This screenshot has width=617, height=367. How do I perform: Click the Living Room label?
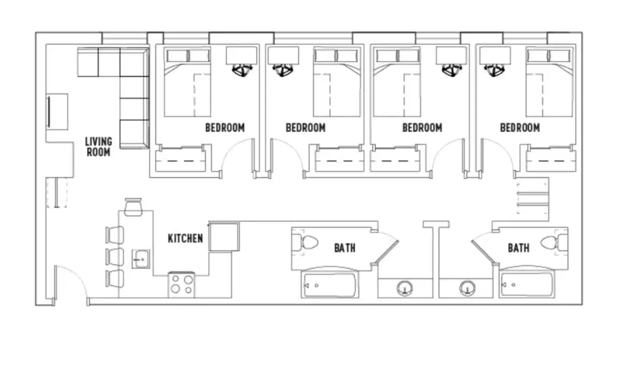click(99, 146)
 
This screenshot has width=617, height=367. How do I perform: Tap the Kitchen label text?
click(185, 239)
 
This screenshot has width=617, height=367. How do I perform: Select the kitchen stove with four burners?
click(182, 284)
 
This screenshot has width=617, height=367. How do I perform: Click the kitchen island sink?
click(140, 259)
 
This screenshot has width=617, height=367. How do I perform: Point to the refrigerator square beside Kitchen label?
click(224, 237)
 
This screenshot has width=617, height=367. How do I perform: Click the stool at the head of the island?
click(133, 207)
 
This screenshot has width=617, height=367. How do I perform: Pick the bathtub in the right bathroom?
click(526, 285)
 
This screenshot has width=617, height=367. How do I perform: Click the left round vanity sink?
click(404, 289)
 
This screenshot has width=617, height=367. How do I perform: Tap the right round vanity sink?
click(467, 289)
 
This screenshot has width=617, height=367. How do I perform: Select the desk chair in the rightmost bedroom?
click(495, 70)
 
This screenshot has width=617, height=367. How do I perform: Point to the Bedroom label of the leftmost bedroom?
click(225, 128)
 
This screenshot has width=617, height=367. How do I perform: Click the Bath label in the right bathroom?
click(518, 248)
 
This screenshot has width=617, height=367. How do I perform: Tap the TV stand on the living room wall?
click(57, 112)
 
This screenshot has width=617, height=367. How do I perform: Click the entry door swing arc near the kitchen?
click(71, 282)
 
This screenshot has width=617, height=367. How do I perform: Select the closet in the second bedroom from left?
click(339, 161)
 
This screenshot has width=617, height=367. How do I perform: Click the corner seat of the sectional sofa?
click(134, 62)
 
